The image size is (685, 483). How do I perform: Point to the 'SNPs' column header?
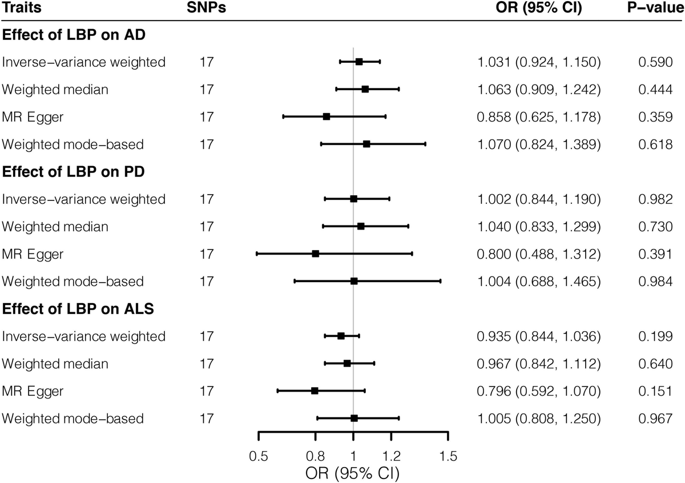(x=204, y=8)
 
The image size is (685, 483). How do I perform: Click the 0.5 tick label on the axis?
(x=259, y=456)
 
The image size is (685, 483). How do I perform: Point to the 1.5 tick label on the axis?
(x=448, y=456)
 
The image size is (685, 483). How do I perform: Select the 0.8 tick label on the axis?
(x=316, y=456)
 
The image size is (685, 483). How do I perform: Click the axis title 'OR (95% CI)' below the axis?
(x=352, y=473)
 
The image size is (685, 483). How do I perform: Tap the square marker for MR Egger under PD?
(x=316, y=253)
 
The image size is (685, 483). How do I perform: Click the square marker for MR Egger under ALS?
(x=315, y=391)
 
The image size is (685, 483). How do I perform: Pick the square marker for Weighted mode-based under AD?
(x=366, y=144)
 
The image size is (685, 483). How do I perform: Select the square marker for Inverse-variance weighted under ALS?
(x=341, y=336)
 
